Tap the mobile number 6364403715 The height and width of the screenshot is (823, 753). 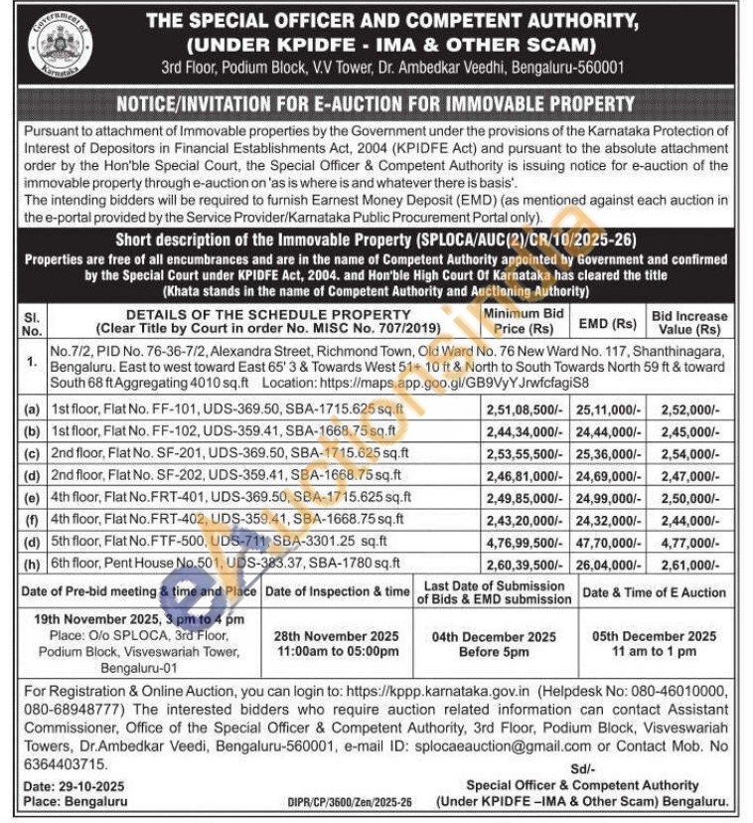pos(65,763)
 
